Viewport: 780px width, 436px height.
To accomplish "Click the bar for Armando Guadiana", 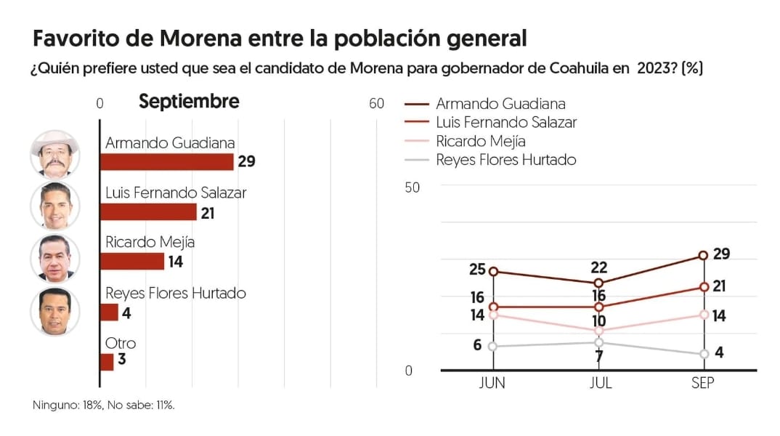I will pyautogui.click(x=166, y=161).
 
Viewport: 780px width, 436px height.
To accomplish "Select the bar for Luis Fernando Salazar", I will pyautogui.click(x=148, y=211).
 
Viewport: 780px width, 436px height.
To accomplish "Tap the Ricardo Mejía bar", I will pyautogui.click(x=132, y=261).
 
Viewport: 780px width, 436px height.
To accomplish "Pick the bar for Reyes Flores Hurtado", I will pyautogui.click(x=109, y=312).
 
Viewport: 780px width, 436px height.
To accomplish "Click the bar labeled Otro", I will pyautogui.click(x=107, y=361).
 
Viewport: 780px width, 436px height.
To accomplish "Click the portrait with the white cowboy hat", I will pyautogui.click(x=54, y=154).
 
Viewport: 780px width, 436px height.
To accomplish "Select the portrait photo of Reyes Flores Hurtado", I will pyautogui.click(x=54, y=311).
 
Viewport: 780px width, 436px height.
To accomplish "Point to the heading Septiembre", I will pyautogui.click(x=189, y=102).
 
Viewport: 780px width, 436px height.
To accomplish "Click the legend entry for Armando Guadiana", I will pyautogui.click(x=500, y=104).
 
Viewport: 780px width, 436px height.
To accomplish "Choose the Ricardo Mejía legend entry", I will pyautogui.click(x=480, y=141).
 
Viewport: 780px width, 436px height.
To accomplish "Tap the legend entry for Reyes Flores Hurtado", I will pyautogui.click(x=505, y=160).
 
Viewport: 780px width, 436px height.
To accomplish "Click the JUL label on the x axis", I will pyautogui.click(x=598, y=383).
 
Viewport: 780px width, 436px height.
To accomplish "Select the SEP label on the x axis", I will pyautogui.click(x=703, y=383).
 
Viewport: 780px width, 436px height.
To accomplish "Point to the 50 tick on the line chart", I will pyautogui.click(x=413, y=187).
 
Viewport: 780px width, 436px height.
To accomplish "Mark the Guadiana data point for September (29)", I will pyautogui.click(x=703, y=255).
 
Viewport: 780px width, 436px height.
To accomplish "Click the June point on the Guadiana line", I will pyautogui.click(x=493, y=272).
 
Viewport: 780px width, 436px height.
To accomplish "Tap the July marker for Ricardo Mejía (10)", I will pyautogui.click(x=598, y=331).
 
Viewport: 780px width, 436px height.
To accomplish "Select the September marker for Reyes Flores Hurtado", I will pyautogui.click(x=703, y=354).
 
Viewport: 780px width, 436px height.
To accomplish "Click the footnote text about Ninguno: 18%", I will pyautogui.click(x=104, y=405).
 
